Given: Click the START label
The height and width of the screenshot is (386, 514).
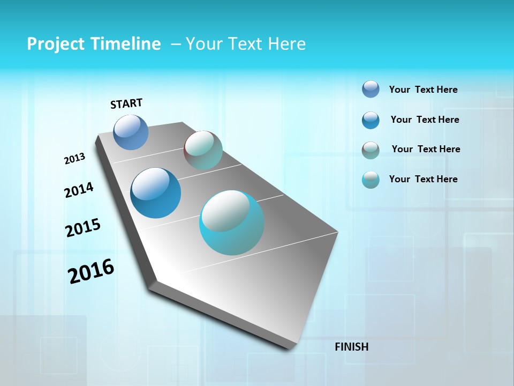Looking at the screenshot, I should (x=126, y=103).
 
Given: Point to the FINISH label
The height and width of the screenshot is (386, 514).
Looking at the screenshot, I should (x=351, y=347).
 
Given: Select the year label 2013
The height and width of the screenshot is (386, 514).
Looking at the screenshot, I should (x=74, y=159).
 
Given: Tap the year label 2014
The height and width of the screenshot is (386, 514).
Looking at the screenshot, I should (x=79, y=190).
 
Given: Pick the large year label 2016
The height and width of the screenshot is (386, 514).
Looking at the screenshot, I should (x=91, y=271).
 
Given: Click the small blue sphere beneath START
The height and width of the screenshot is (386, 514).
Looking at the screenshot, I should (x=131, y=132).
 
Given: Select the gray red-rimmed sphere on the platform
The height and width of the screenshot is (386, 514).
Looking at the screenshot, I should (x=203, y=150).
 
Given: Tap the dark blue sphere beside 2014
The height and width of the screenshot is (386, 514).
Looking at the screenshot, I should (x=156, y=193).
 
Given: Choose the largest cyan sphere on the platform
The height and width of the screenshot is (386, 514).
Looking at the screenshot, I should (x=232, y=222).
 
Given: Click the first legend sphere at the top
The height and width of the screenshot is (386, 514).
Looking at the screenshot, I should (x=371, y=89).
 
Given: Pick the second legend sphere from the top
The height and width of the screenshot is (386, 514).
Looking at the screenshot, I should (x=371, y=120).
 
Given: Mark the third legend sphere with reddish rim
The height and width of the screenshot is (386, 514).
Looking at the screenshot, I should (x=371, y=150).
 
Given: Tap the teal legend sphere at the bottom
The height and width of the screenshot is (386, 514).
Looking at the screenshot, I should (x=371, y=180).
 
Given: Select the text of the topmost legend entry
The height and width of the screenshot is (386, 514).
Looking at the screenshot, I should (x=423, y=90).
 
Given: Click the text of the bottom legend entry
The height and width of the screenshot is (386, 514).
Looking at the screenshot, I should (x=423, y=179).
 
